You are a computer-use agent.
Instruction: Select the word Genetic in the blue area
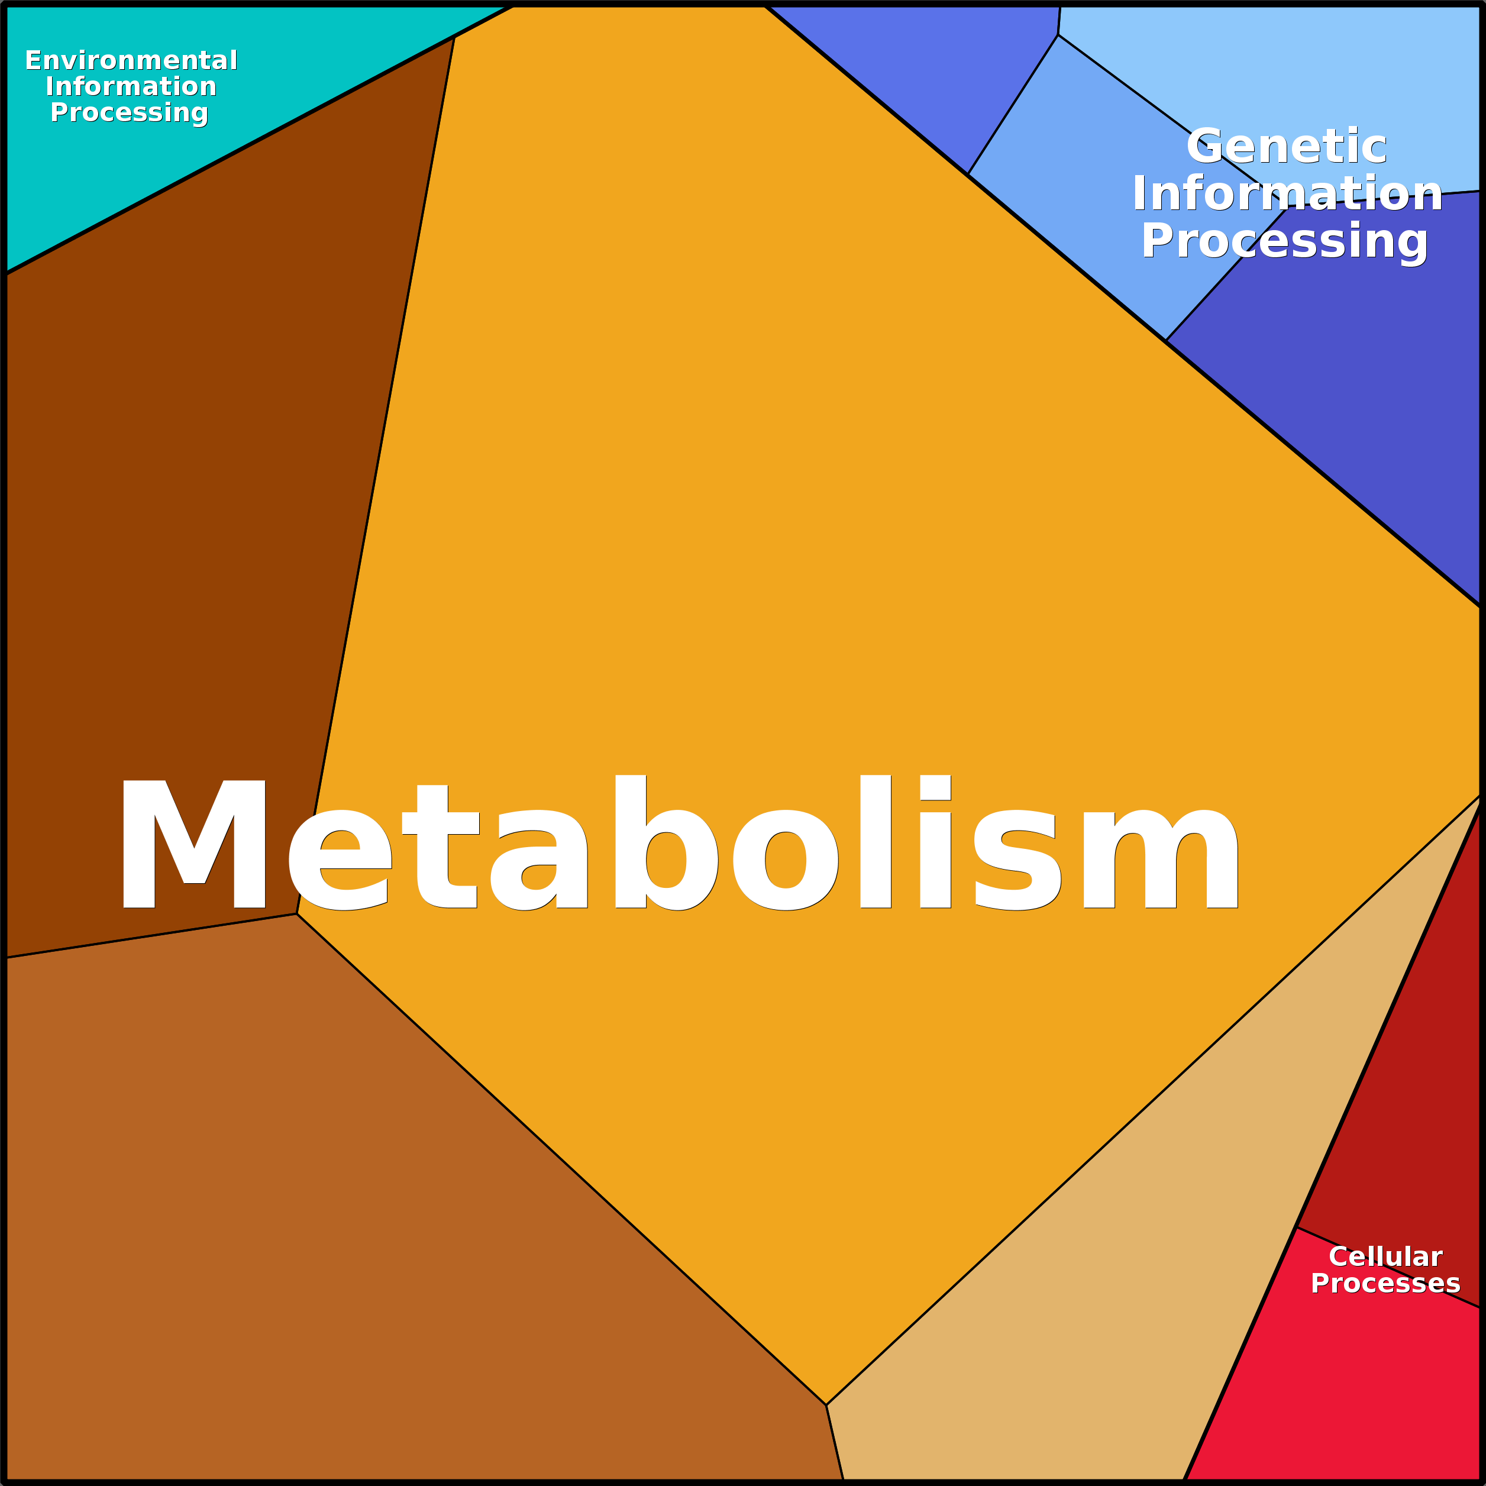[1287, 146]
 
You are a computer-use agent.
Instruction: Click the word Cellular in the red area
[1385, 1257]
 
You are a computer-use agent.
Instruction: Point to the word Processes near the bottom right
[1385, 1283]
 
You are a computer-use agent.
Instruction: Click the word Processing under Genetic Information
[1284, 241]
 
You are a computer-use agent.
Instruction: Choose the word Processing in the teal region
[129, 113]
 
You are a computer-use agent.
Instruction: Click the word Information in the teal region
[131, 86]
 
